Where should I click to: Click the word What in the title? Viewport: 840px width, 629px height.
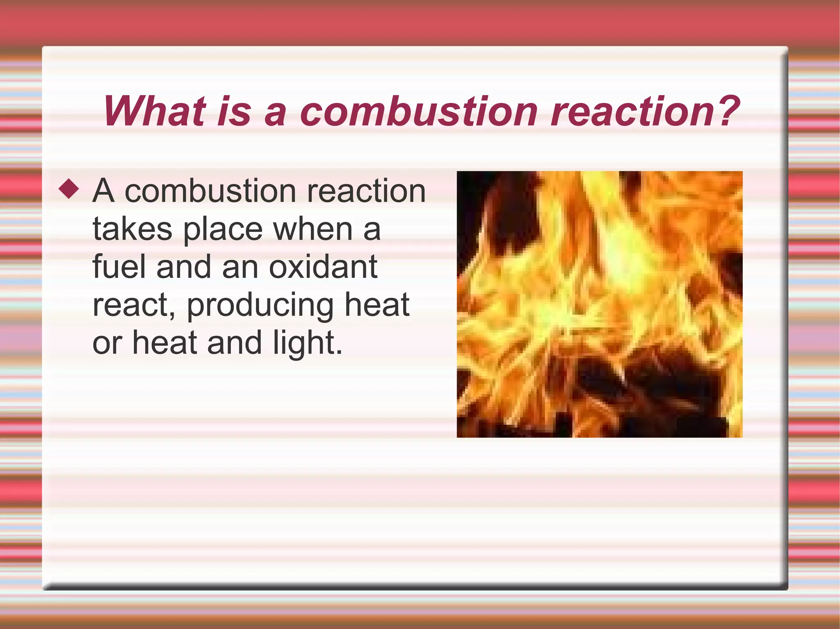click(155, 111)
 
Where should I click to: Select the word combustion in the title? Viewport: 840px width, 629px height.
click(419, 111)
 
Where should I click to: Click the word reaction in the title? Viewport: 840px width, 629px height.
click(632, 111)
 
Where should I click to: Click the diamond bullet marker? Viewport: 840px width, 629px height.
click(68, 189)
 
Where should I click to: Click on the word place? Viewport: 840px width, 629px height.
click(223, 229)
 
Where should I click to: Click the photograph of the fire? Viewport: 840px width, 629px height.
click(599, 304)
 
